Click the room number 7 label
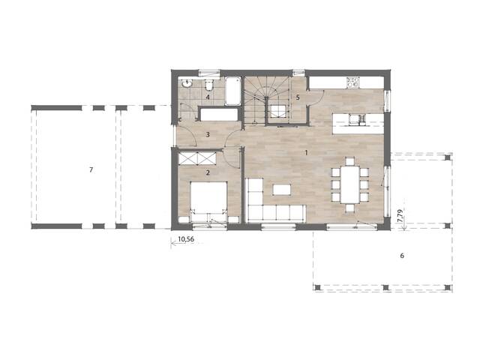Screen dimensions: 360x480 (x=91, y=171)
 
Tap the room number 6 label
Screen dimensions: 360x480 (x=402, y=256)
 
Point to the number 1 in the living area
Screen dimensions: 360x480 (x=306, y=153)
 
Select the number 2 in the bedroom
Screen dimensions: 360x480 (x=207, y=172)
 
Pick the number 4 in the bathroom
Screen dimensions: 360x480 (x=208, y=97)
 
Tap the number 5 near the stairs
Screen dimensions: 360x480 (x=298, y=97)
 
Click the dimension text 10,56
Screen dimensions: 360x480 (x=184, y=241)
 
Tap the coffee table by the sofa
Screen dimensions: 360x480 (x=282, y=187)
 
